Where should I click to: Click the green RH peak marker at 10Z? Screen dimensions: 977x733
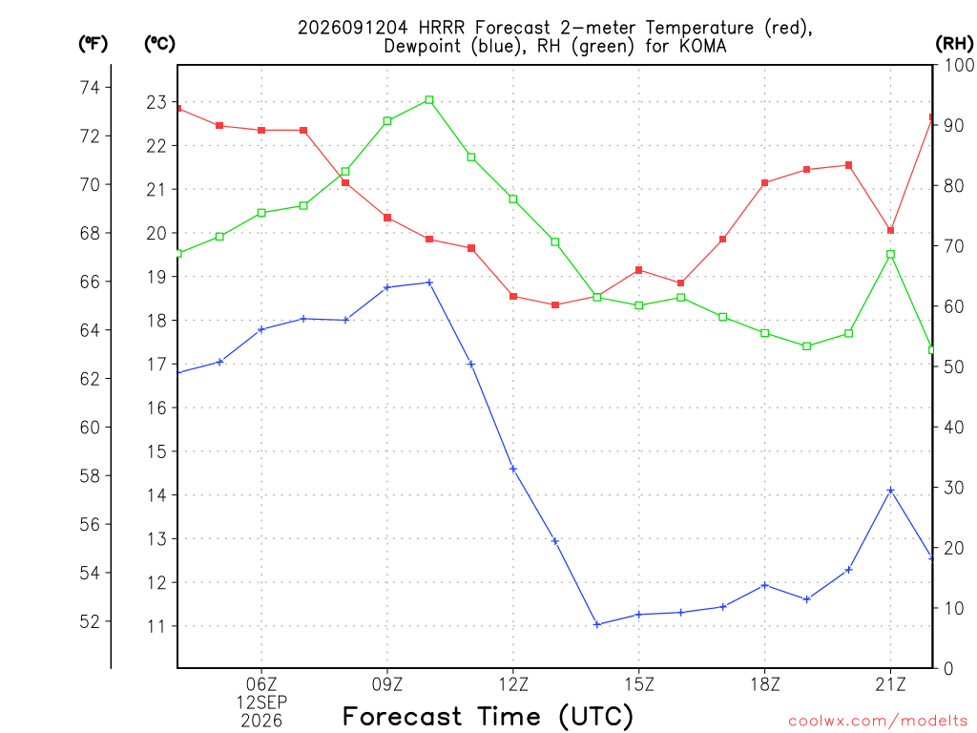coord(429,99)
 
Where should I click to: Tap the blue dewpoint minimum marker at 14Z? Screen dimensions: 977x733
coord(597,624)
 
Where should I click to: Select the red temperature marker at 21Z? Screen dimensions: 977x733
coord(890,231)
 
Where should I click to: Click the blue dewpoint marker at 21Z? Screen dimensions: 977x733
coord(890,491)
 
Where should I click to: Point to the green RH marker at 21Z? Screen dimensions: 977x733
coord(890,254)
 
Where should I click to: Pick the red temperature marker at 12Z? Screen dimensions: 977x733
coord(513,297)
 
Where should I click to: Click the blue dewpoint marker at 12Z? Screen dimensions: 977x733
coord(513,469)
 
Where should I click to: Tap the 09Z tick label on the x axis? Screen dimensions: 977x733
coord(387,685)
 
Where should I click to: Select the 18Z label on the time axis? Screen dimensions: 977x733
coord(764,685)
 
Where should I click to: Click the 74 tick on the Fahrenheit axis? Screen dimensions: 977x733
coord(90,87)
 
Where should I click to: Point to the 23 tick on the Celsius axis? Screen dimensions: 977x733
coord(156,102)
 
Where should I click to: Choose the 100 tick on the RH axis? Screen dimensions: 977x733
coord(958,65)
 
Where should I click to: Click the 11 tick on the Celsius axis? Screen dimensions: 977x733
coord(156,626)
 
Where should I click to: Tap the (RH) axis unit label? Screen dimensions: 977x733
coord(954,43)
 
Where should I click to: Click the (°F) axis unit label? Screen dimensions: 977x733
coord(93,44)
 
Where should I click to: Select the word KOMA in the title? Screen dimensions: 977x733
coord(703,46)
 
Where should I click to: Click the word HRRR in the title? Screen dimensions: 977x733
coord(441,28)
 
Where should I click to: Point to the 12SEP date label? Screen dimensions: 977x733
coord(261,702)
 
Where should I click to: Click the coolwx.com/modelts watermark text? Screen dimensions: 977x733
coord(878,722)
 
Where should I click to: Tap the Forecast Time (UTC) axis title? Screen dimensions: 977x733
coord(488,717)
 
